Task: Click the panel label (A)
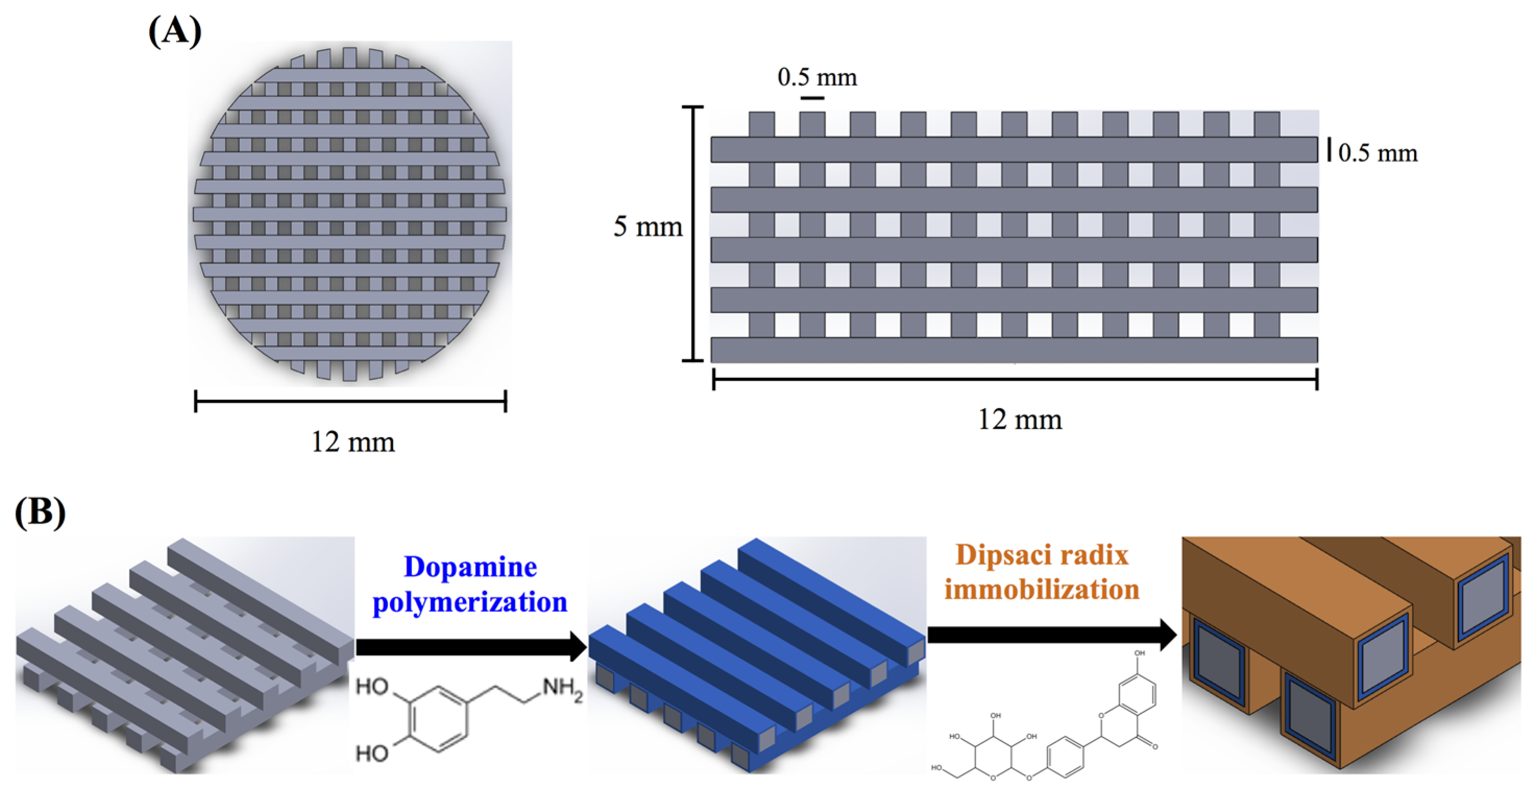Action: (x=175, y=31)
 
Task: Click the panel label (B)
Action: (x=40, y=512)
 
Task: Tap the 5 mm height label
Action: (x=648, y=227)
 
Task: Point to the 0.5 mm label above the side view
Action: (x=817, y=78)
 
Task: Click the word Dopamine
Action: (x=470, y=566)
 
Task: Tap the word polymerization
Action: (x=470, y=602)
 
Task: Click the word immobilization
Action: (x=1041, y=589)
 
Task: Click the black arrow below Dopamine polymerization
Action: (x=471, y=647)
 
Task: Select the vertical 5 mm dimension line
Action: (x=692, y=233)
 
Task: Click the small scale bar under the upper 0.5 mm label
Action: (x=812, y=97)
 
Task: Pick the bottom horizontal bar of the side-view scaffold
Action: (x=1014, y=350)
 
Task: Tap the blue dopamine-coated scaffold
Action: (x=757, y=656)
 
